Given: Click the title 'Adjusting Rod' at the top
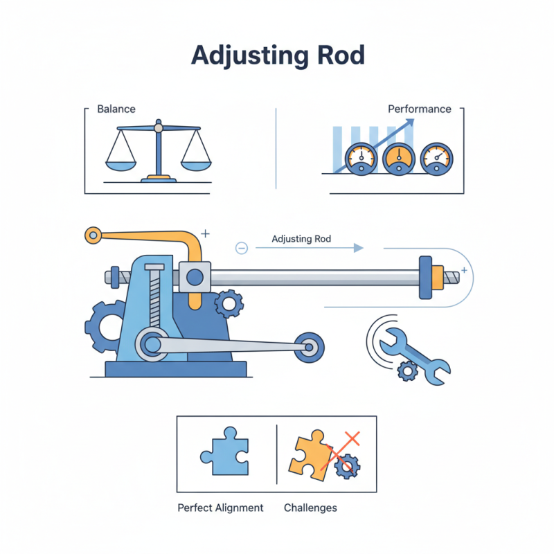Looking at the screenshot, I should pyautogui.click(x=277, y=55).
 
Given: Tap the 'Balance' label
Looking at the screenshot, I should pyautogui.click(x=116, y=109).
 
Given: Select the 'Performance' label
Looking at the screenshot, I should pyautogui.click(x=419, y=109).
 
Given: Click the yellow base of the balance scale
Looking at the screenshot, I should pyautogui.click(x=159, y=179).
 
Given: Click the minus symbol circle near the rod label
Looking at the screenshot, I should pyautogui.click(x=242, y=248).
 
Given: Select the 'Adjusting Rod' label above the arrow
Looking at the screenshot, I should pyautogui.click(x=301, y=239).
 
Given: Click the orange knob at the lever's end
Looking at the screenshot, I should pyautogui.click(x=92, y=235).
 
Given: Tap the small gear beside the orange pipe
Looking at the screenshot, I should pyautogui.click(x=229, y=303).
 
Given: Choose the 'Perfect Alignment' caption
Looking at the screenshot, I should pyautogui.click(x=220, y=508).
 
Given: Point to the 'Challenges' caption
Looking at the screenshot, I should pyautogui.click(x=310, y=508).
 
